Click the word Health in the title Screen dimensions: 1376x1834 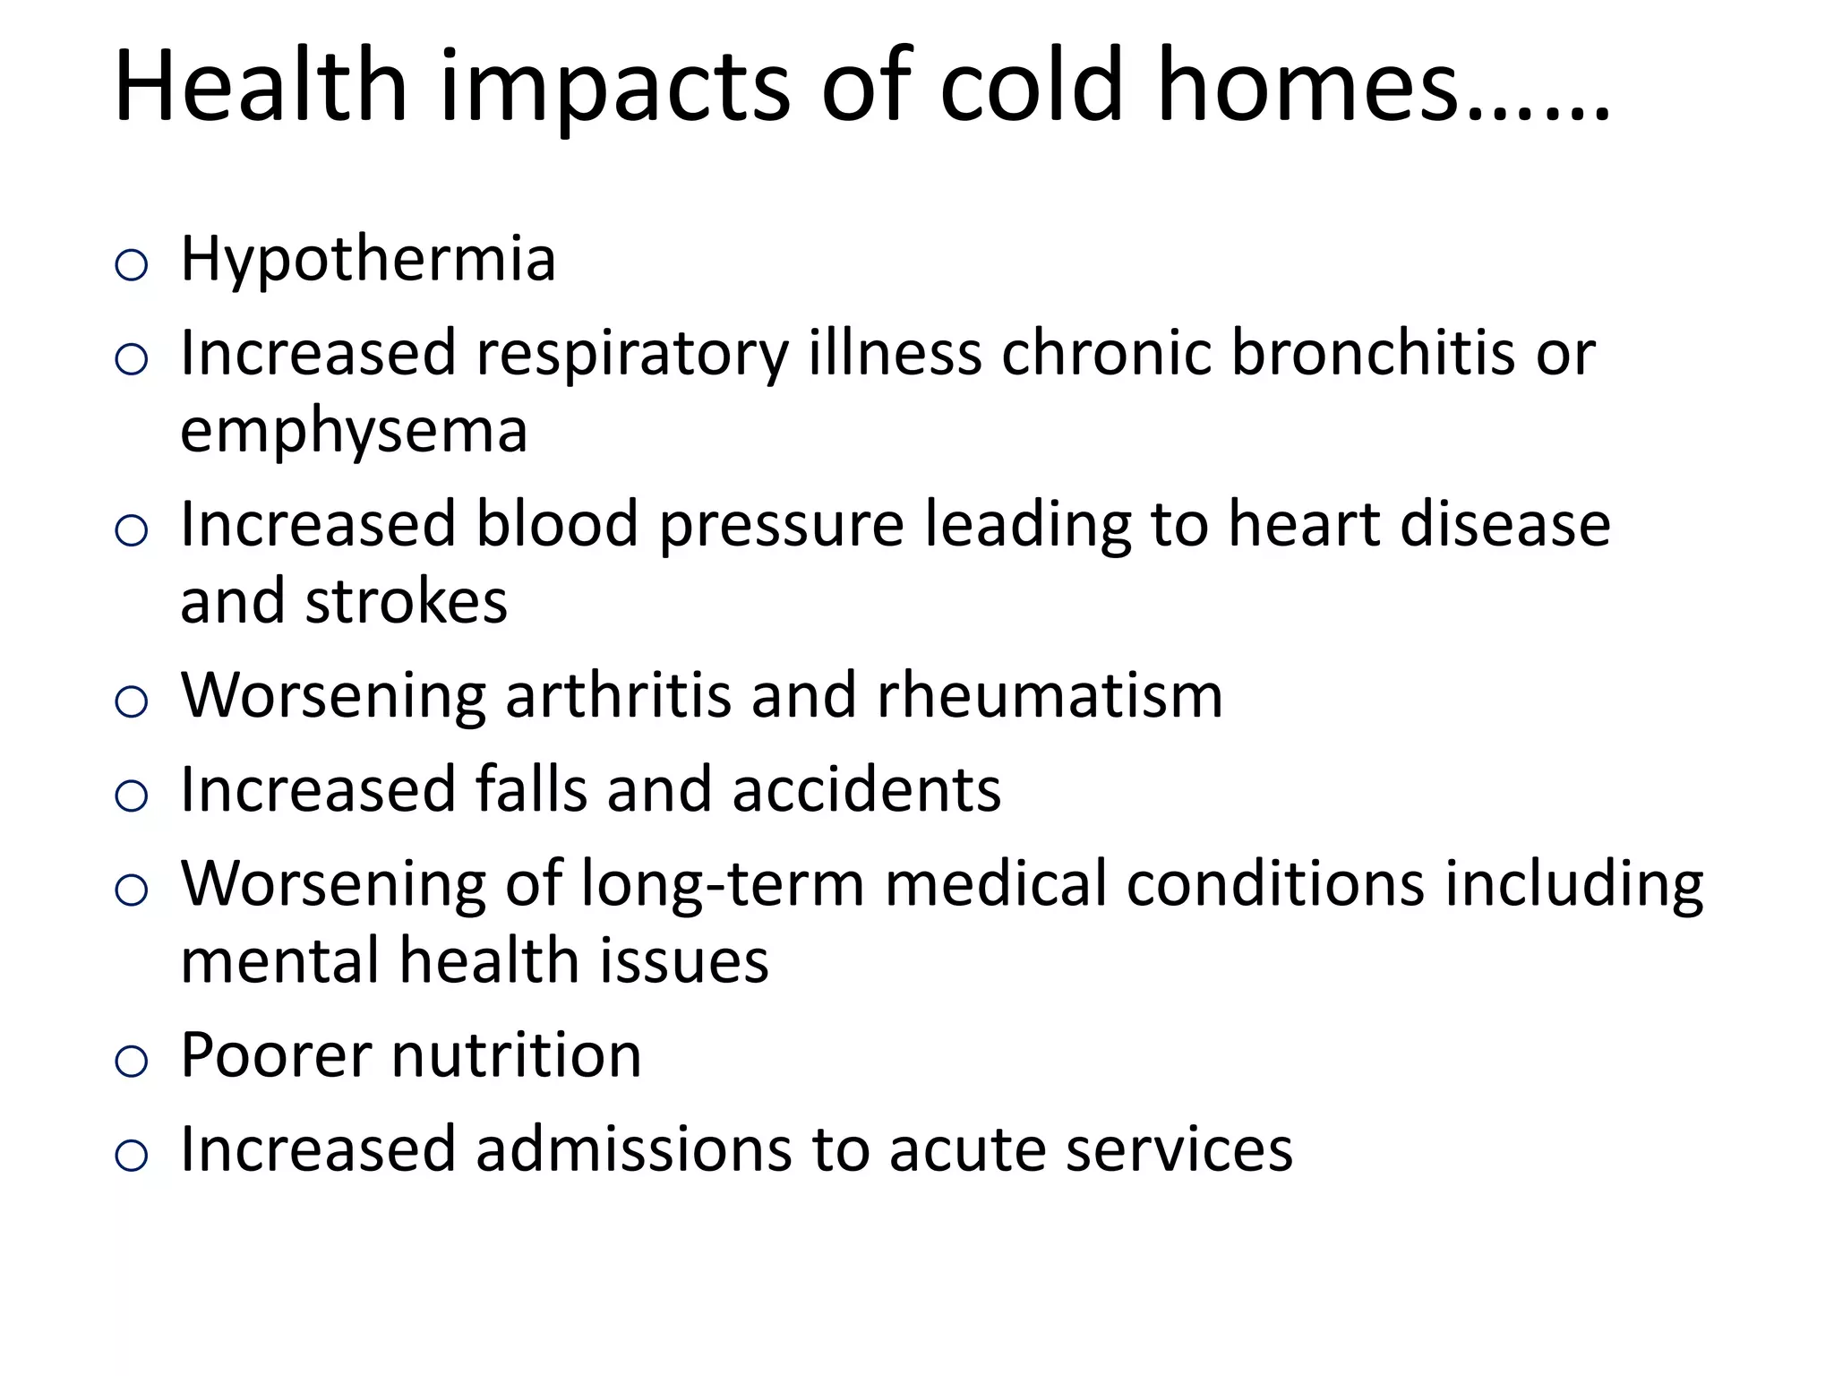(261, 86)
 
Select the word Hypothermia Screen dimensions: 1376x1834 (368, 260)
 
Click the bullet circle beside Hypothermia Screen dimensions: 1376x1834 (132, 266)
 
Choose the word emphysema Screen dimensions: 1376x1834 (354, 432)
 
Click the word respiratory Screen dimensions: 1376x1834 (632, 355)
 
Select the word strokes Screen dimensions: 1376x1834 (407, 601)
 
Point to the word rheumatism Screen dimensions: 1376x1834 (1049, 695)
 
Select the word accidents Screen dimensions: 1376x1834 (866, 789)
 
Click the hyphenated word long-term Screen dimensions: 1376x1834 (723, 884)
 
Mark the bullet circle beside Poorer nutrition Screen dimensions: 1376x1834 (132, 1062)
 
